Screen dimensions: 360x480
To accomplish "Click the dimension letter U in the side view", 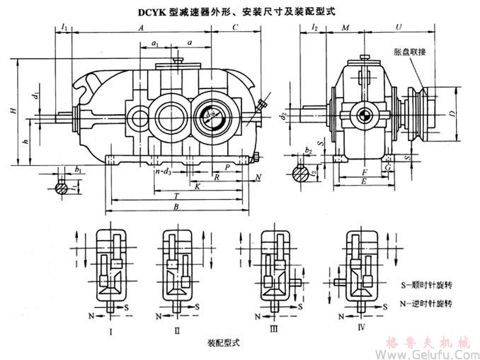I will coord(401,26).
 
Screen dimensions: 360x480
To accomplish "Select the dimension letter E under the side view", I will coord(363,181).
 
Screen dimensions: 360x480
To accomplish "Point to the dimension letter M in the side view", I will coord(345,26).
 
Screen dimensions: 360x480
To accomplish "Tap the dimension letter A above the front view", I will coord(142,26).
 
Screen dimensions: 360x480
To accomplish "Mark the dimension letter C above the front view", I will coord(234,26).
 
